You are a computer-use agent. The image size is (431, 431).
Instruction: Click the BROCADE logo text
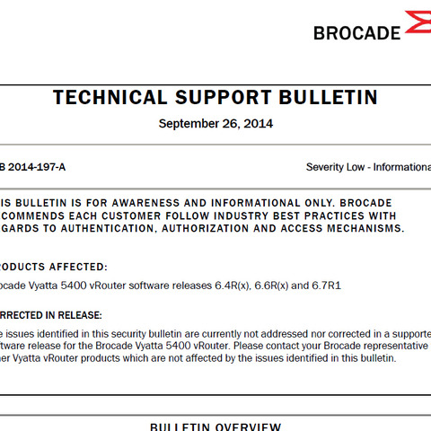coord(356,32)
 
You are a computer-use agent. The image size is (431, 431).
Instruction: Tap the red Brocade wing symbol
coord(418,23)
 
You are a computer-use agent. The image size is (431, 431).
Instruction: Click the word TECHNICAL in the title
coord(109,98)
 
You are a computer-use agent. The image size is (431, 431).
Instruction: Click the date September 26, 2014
coord(215,124)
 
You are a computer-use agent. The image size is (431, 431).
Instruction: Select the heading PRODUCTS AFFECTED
coord(54,267)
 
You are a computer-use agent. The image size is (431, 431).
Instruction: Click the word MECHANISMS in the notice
coord(363,229)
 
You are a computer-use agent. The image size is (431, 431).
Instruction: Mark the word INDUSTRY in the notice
coord(227,215)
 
